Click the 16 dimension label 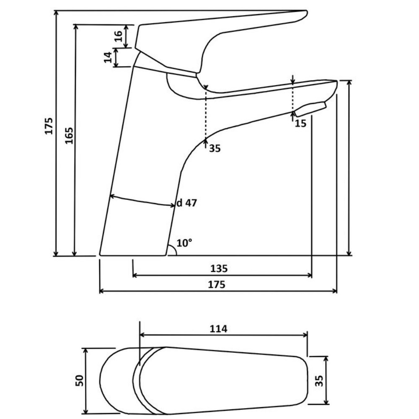[118, 36]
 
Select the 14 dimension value [108, 57]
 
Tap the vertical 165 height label [69, 135]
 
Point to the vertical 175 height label [49, 126]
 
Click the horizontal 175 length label [217, 285]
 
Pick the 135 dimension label [219, 268]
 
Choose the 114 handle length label [218, 328]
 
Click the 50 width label [79, 380]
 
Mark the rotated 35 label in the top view [319, 380]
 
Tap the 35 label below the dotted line [215, 148]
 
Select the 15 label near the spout [300, 123]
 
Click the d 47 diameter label [186, 203]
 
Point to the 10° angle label [184, 243]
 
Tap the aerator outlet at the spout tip [310, 109]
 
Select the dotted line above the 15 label [293, 97]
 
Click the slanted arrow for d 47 [142, 201]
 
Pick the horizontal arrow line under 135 [222, 275]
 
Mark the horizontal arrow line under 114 [224, 335]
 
